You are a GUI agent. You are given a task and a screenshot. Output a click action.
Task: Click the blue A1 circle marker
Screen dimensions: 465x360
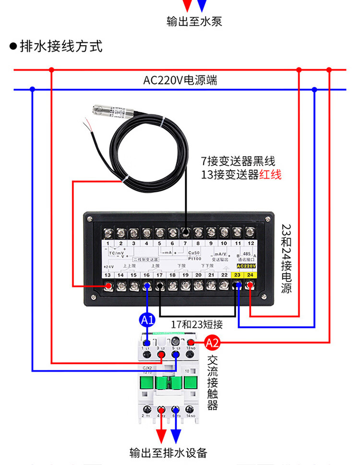[147, 319]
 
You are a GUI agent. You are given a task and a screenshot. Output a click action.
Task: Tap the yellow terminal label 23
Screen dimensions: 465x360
[237, 275]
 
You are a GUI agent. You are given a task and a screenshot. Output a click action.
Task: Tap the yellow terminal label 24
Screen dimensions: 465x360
[250, 275]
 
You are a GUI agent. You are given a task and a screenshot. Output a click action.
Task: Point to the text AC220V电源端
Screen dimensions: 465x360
[180, 80]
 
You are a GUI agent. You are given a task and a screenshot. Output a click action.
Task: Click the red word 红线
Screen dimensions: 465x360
[270, 175]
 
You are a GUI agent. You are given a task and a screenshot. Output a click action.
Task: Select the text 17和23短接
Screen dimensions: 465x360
[197, 324]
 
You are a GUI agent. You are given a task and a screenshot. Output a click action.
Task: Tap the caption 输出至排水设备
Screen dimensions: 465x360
[168, 453]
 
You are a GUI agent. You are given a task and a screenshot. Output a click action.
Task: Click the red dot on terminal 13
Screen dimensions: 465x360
[109, 287]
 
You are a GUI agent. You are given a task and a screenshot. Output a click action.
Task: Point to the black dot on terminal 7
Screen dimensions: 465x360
[185, 233]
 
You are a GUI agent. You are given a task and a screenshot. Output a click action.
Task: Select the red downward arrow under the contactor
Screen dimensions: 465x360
[161, 435]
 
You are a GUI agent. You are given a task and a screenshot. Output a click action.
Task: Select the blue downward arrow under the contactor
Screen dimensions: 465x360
[176, 435]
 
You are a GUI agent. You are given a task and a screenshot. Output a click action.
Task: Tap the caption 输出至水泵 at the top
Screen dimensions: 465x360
[194, 22]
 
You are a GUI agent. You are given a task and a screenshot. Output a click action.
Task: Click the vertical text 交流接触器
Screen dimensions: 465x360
[213, 382]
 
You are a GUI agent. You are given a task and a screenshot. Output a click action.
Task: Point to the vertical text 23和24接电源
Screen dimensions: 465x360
[286, 258]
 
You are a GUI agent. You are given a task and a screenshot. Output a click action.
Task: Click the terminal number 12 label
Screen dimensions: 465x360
[250, 244]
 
